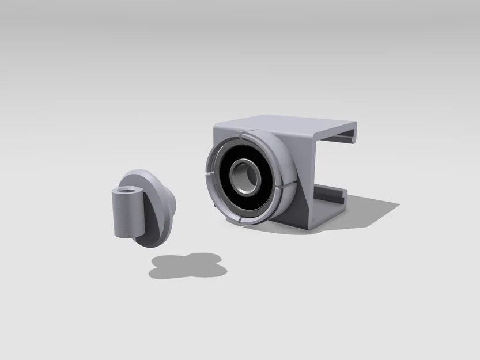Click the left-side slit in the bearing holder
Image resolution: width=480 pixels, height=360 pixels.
(x=206, y=172)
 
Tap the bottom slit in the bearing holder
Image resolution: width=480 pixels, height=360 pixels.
(x=241, y=222)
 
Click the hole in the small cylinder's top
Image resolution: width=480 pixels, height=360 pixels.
(x=125, y=191)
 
